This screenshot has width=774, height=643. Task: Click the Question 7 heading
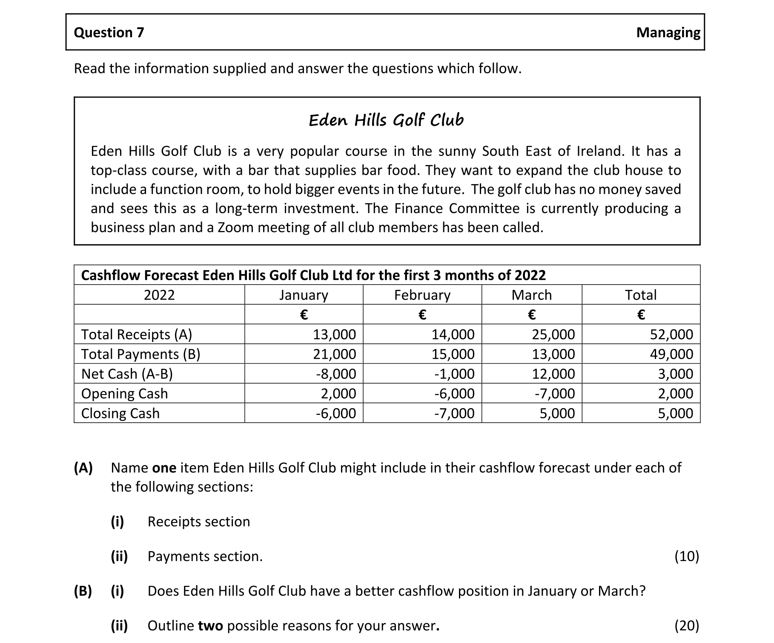pyautogui.click(x=109, y=32)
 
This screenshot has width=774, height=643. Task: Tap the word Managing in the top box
pyautogui.click(x=668, y=32)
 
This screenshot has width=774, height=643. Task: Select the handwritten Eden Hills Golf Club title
pyautogui.click(x=386, y=121)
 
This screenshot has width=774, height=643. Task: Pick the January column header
pyautogui.click(x=304, y=295)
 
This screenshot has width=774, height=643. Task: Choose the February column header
pyautogui.click(x=422, y=295)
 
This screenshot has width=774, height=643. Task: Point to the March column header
pyautogui.click(x=531, y=295)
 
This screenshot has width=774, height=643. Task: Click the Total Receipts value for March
pyautogui.click(x=553, y=334)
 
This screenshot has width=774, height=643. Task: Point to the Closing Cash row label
pyautogui.click(x=120, y=413)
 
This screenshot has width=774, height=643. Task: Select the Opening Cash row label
pyautogui.click(x=124, y=394)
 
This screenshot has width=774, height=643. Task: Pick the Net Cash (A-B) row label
pyautogui.click(x=127, y=374)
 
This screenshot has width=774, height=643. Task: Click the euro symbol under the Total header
pyautogui.click(x=641, y=315)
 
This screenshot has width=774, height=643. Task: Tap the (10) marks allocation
pyautogui.click(x=686, y=556)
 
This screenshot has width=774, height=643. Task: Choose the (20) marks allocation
pyautogui.click(x=686, y=626)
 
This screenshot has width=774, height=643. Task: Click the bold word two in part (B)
pyautogui.click(x=210, y=626)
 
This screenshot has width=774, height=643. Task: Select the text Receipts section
pyautogui.click(x=198, y=522)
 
